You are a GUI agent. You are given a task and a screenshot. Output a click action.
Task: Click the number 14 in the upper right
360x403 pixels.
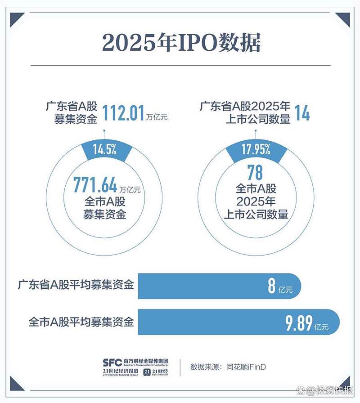(302, 113)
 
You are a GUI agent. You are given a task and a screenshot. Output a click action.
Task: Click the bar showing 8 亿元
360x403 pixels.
(219, 286)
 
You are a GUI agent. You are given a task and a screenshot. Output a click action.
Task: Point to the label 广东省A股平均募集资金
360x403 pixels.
(76, 285)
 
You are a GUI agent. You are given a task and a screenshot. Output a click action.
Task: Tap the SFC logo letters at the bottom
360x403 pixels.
(112, 362)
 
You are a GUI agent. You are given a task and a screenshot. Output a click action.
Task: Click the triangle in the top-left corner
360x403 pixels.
(16, 18)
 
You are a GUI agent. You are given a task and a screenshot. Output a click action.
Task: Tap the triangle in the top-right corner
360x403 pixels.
(343, 18)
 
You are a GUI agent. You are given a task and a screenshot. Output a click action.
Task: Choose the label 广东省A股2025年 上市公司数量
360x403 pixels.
(245, 113)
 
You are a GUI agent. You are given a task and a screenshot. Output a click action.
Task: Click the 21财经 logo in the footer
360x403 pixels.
(156, 372)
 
